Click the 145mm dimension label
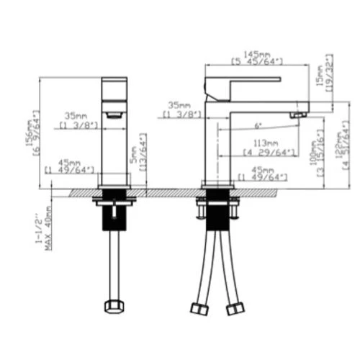256,53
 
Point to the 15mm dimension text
321,74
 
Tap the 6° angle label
258,126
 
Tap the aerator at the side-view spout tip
295,114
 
